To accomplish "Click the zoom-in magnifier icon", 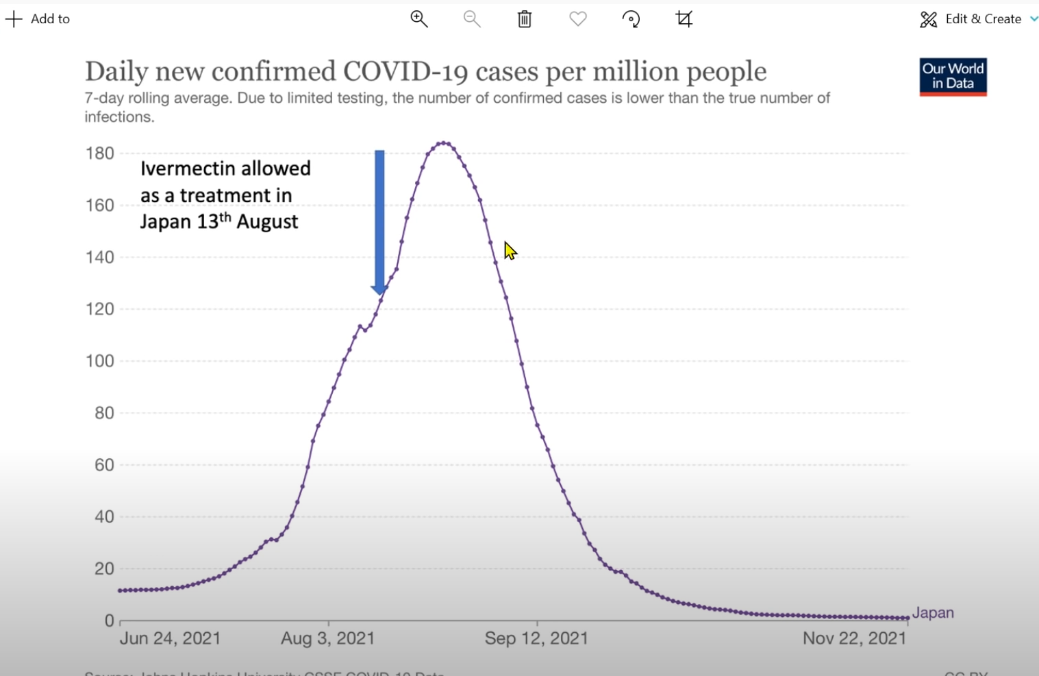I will pos(419,19).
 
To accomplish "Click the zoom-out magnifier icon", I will pos(472,19).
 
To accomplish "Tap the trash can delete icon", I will pos(525,19).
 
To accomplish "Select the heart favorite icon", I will pos(578,19).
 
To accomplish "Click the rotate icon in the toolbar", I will pos(631,19).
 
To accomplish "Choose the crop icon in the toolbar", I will pos(684,19).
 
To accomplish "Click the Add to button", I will pos(38,19).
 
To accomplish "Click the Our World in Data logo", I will pos(953,77).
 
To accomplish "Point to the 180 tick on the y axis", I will pos(100,153).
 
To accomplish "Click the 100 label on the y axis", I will pos(100,361).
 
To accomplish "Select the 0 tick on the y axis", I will pos(109,621).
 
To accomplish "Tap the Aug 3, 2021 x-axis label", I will pos(328,638).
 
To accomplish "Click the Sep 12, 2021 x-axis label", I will pos(536,638).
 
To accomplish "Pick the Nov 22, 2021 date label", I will pos(854,638).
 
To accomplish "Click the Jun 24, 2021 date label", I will pos(171,638).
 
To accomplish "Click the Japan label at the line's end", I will pos(933,613).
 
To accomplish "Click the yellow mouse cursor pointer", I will pos(510,251).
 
